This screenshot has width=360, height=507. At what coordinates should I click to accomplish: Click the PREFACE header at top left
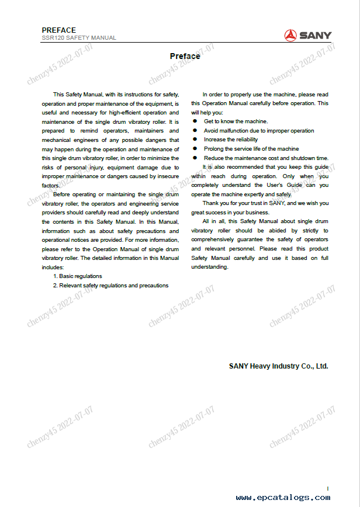[59, 30]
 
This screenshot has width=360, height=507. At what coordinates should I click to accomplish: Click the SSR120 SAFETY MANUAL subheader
[79, 38]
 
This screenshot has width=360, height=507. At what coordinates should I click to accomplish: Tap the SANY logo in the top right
[307, 35]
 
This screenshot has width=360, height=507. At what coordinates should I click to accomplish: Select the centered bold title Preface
[185, 57]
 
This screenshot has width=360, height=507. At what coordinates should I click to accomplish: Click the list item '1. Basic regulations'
[77, 276]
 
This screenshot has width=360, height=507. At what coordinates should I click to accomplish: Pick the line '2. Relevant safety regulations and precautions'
[110, 286]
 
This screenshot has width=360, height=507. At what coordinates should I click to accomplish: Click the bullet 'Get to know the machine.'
[236, 121]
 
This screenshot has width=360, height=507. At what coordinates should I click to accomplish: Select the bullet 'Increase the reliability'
[230, 140]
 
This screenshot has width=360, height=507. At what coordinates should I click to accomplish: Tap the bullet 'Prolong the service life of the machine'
[251, 149]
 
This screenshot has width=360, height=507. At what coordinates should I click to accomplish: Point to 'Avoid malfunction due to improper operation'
[258, 131]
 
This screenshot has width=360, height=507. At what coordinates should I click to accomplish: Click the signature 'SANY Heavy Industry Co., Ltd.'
[278, 366]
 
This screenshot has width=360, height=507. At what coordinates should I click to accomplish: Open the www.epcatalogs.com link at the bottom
[282, 498]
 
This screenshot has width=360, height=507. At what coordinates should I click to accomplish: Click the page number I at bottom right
[328, 488]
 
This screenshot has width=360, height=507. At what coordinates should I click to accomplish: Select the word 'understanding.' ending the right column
[209, 267]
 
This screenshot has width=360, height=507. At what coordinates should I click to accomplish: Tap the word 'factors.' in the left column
[51, 185]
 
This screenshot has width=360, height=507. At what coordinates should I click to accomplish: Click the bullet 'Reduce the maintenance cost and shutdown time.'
[266, 158]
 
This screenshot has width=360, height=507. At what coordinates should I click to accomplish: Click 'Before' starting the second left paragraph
[62, 194]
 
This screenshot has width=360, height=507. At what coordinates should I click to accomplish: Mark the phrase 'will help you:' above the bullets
[207, 112]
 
